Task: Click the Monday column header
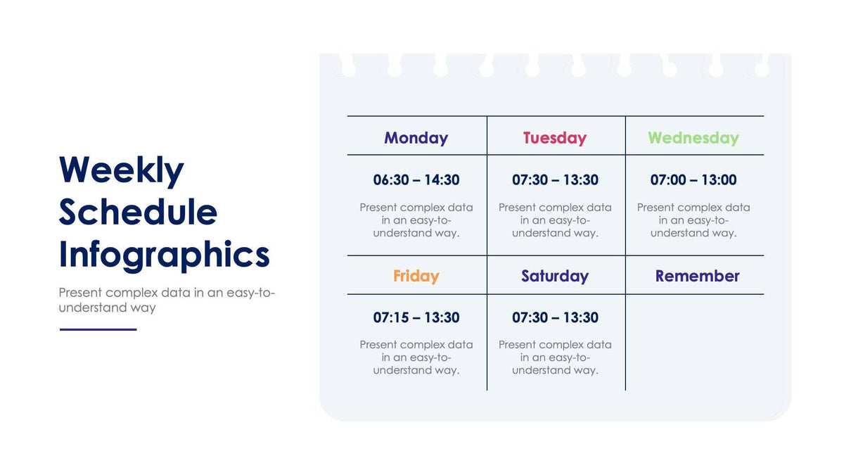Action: (x=416, y=138)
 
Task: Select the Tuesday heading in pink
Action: (x=554, y=138)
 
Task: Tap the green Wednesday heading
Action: (x=693, y=138)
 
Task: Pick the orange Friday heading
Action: (x=416, y=276)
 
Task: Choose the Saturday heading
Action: (x=554, y=276)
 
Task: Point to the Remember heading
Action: (x=697, y=276)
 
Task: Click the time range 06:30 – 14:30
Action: (x=416, y=180)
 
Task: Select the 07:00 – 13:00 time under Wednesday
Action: (x=693, y=180)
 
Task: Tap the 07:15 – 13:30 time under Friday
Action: (x=416, y=317)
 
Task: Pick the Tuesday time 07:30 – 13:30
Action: (x=555, y=180)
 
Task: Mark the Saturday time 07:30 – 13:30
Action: (x=555, y=317)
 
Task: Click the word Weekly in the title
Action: (x=121, y=170)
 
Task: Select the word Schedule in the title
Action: (x=138, y=212)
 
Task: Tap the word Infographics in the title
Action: (x=164, y=255)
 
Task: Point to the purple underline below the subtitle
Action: (x=98, y=329)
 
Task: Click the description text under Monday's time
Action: (x=416, y=220)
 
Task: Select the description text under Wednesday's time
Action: (x=693, y=220)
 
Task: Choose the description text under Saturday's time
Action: (x=555, y=357)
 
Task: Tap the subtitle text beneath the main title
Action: (x=166, y=300)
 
